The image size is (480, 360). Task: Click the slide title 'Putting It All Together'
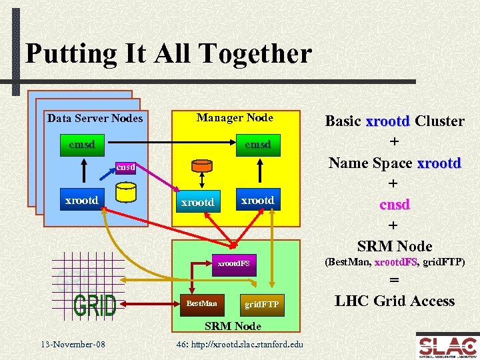tap(168, 54)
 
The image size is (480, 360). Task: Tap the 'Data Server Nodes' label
tap(95, 118)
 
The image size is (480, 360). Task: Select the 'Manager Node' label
tap(235, 117)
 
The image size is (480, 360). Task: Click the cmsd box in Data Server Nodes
tap(81, 143)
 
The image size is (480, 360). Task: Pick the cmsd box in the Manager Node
tap(257, 143)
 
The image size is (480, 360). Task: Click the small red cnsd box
tap(125, 167)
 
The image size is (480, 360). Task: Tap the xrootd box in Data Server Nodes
tap(81, 199)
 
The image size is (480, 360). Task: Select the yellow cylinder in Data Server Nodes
tap(125, 193)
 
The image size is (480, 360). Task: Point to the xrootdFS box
tap(233, 263)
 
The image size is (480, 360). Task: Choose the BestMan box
tap(201, 303)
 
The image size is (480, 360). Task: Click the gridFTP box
tap(261, 305)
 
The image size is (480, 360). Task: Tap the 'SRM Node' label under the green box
tap(233, 326)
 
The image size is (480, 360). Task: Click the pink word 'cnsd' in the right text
tap(394, 204)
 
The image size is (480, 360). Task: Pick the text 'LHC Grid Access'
tap(395, 301)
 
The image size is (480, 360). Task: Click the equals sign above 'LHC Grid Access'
tap(394, 281)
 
